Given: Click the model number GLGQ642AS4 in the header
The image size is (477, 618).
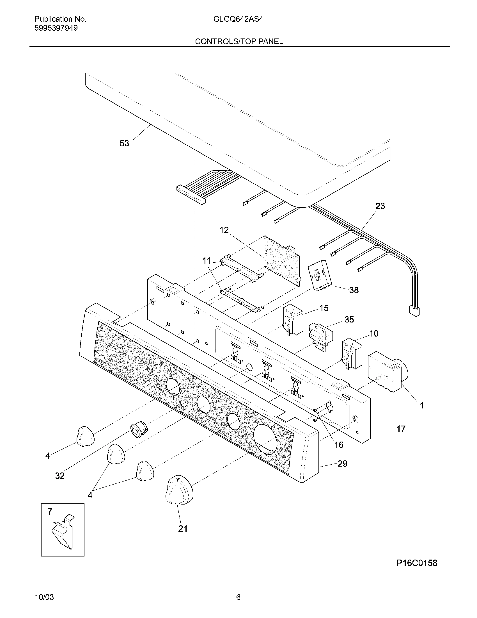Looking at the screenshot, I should click(238, 19).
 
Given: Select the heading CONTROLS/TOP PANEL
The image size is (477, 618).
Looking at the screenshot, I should click(239, 42).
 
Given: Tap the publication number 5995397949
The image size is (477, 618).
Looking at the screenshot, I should click(56, 28).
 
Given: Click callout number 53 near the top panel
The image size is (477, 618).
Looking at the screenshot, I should click(124, 144).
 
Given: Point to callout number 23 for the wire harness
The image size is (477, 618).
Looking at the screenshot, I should click(380, 206).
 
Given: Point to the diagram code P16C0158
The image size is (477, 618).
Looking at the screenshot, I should click(416, 563).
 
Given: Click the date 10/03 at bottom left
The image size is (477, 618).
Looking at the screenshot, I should click(44, 597).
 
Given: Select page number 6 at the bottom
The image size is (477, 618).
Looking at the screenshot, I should click(238, 597).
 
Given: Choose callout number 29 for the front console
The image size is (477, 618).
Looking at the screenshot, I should click(343, 463).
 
